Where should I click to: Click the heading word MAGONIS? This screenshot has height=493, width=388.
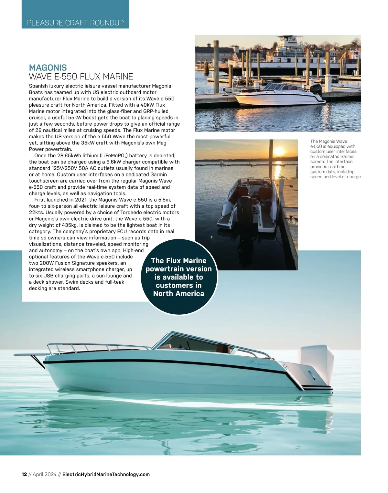pos(48,68)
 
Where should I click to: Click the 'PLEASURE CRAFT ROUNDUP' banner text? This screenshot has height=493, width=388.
pos(75,23)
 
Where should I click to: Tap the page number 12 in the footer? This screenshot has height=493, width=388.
pos(24,474)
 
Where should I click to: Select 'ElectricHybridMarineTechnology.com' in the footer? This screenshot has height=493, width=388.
pos(106,474)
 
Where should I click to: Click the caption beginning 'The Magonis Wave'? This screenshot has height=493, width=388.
pos(335,159)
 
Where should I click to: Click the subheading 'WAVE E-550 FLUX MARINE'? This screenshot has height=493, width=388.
pos(81,77)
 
